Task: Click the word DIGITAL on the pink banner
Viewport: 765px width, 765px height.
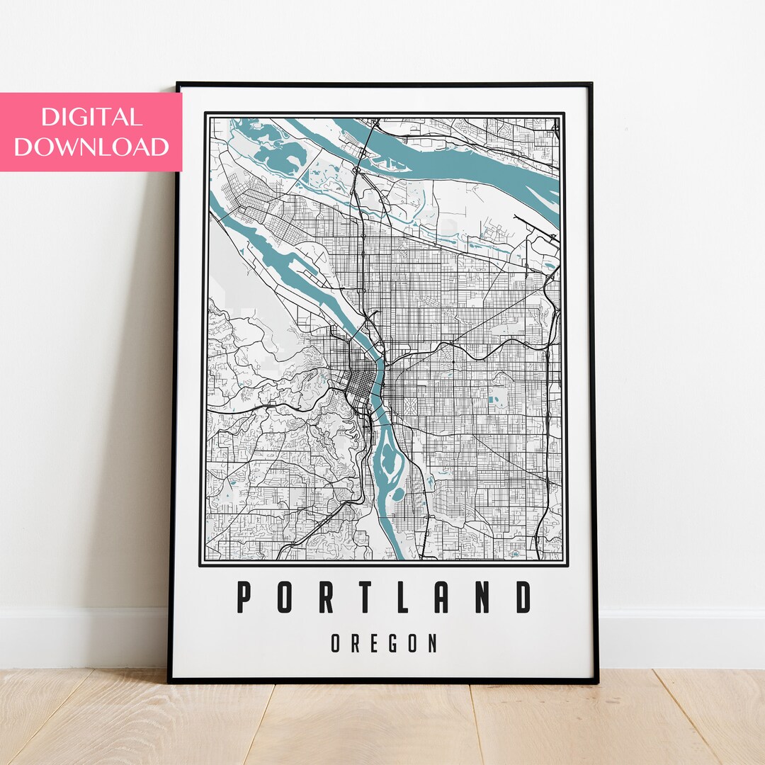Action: point(91,117)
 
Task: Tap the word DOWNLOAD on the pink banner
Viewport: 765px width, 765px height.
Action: point(91,147)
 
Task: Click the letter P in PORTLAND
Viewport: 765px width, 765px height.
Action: point(244,597)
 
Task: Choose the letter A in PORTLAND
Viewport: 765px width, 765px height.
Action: point(442,597)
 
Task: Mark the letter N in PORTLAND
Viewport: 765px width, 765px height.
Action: point(482,597)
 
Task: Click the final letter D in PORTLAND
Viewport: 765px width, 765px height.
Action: point(523,597)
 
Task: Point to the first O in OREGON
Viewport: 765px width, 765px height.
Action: point(334,643)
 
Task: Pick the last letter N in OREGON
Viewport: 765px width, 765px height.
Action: point(433,643)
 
